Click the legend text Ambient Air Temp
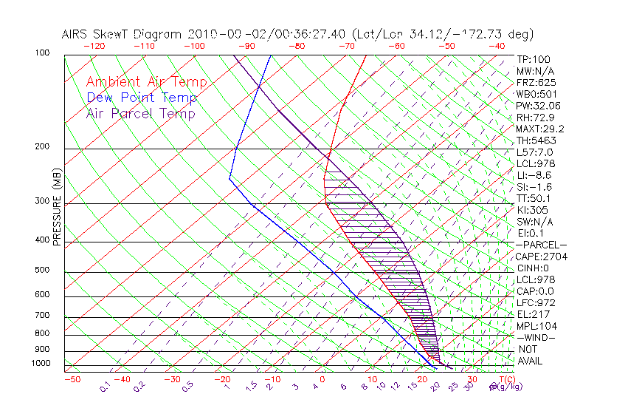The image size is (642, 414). click(x=146, y=82)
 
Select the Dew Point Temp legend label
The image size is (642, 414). click(x=142, y=98)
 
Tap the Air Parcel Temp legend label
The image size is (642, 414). click(x=140, y=113)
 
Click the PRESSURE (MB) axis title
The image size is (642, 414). click(x=58, y=211)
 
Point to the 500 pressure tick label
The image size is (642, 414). click(x=44, y=271)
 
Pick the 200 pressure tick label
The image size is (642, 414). click(x=44, y=147)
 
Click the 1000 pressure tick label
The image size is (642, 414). click(x=42, y=364)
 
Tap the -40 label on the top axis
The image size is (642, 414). click(x=497, y=46)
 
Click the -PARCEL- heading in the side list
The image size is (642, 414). click(x=541, y=245)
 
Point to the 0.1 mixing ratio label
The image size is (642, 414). click(x=105, y=386)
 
